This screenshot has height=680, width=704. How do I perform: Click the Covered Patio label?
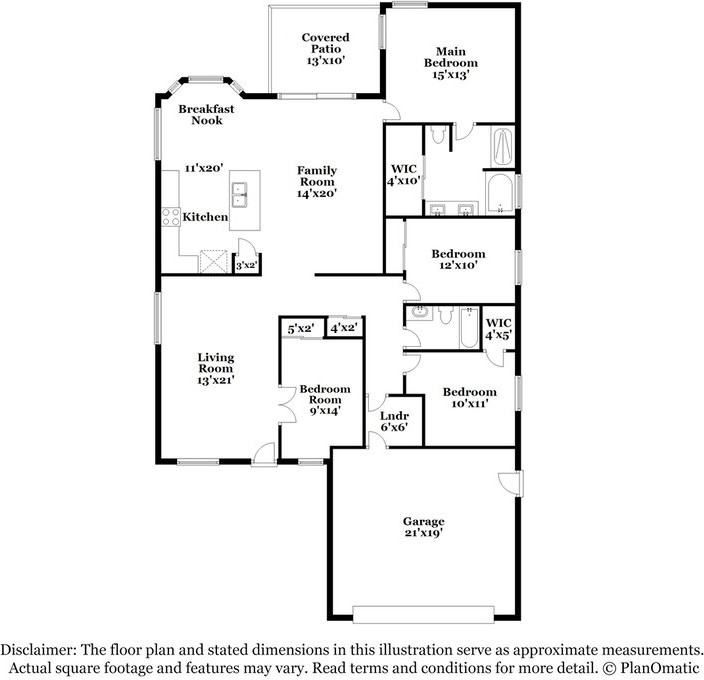(x=325, y=48)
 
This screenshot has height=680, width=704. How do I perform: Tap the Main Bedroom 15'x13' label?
(x=449, y=62)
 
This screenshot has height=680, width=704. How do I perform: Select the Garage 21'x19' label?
(x=423, y=528)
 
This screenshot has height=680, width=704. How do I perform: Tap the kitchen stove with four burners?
(x=170, y=216)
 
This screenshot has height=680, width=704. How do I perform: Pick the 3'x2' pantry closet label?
(x=246, y=265)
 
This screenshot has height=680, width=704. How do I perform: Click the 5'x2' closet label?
(x=301, y=328)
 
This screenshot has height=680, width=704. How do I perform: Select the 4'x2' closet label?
(x=344, y=328)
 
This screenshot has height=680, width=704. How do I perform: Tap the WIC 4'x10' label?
(x=403, y=174)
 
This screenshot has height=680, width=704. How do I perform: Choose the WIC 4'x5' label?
(x=498, y=329)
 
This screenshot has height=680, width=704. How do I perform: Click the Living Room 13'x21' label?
(x=215, y=368)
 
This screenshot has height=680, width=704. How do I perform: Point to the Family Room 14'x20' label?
(x=316, y=182)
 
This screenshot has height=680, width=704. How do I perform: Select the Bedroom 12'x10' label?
(x=458, y=260)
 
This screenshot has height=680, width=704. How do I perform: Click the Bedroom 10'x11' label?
(x=469, y=398)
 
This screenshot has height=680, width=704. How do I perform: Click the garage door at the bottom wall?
(x=423, y=613)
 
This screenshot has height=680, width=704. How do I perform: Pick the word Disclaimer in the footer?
(x=40, y=649)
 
